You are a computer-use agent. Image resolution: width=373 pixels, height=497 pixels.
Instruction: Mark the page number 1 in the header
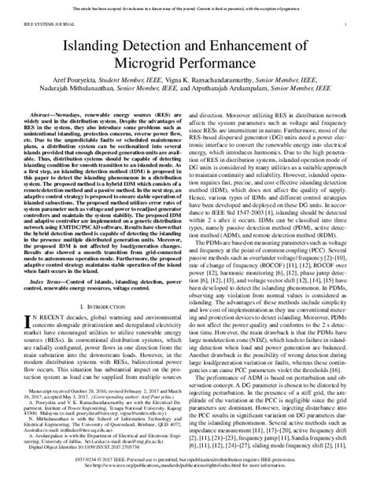tap(346, 26)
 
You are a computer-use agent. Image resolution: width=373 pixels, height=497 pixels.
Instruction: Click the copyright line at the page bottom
tap(186, 484)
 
